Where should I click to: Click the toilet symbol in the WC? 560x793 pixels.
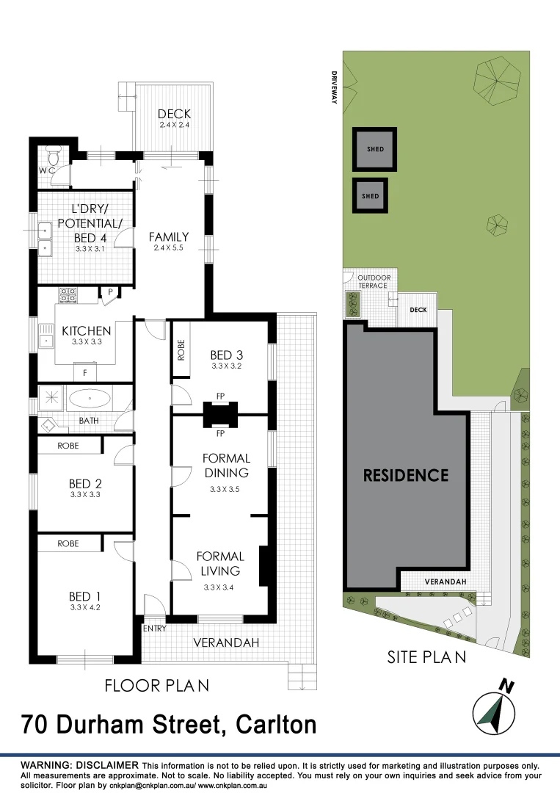(53, 156)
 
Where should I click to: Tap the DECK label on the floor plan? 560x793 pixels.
(174, 114)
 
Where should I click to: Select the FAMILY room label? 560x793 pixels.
(168, 237)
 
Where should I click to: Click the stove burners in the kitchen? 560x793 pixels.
(68, 295)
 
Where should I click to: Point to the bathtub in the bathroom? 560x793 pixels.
(90, 400)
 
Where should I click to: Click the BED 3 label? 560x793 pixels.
(226, 355)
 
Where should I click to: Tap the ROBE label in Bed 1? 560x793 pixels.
(68, 544)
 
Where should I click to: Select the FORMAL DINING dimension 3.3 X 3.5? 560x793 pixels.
(225, 488)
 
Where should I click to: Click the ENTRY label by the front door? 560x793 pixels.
(155, 629)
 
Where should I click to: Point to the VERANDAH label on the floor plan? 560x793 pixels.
(226, 643)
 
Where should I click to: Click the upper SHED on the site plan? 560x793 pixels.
(375, 149)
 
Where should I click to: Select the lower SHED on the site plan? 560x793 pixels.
(371, 196)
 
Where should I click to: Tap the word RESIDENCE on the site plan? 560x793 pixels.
(406, 475)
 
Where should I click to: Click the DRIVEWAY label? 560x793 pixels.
(333, 87)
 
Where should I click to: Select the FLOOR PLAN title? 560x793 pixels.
(156, 686)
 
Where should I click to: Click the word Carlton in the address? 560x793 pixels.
(276, 725)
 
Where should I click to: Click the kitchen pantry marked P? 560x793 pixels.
(110, 292)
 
